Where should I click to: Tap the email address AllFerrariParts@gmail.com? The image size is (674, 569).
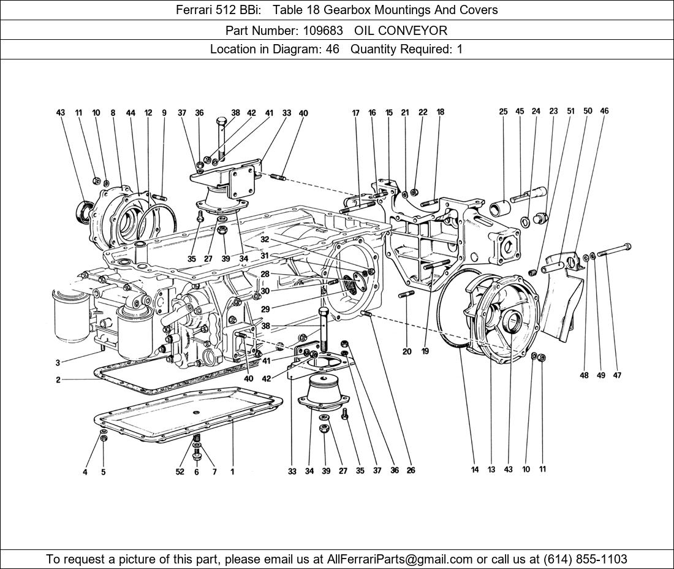pos(401,559)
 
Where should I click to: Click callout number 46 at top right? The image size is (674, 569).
pos(604,112)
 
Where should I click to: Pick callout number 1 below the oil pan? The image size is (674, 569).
pos(232,472)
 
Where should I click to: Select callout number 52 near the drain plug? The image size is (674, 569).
pos(180,472)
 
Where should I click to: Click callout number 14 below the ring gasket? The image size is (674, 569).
pos(475,470)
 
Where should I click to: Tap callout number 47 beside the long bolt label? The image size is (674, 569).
pos(617,375)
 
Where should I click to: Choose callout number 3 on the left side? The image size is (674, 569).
pos(58,363)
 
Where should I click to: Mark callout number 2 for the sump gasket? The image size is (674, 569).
pos(58,380)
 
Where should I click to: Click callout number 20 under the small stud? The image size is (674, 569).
pos(407,352)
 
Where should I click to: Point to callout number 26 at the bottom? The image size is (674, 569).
pos(411,470)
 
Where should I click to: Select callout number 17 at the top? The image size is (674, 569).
pos(355,113)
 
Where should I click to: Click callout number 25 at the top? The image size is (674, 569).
pos(503,112)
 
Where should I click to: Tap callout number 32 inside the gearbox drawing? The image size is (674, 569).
pos(264,240)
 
